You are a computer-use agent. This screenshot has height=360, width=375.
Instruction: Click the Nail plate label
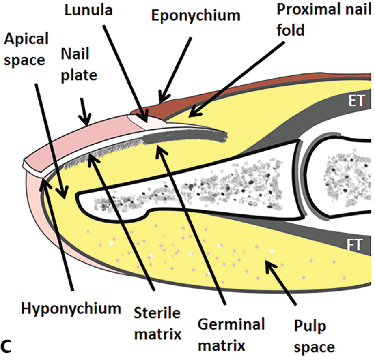(79, 64)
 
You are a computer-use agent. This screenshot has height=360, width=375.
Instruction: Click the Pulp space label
(315, 336)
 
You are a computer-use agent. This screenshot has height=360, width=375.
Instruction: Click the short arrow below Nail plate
(84, 109)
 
